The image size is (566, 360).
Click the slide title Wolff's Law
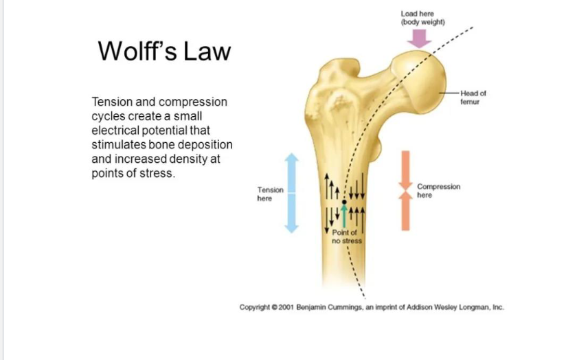164,51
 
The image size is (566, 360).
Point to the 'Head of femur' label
473,97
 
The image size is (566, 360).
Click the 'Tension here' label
270,194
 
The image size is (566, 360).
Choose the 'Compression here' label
438,190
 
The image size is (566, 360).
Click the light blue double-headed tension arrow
293,193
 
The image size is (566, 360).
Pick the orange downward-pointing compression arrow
405,169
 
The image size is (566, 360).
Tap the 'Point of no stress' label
347,238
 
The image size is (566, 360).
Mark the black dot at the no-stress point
345,202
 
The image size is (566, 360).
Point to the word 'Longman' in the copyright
467,307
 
